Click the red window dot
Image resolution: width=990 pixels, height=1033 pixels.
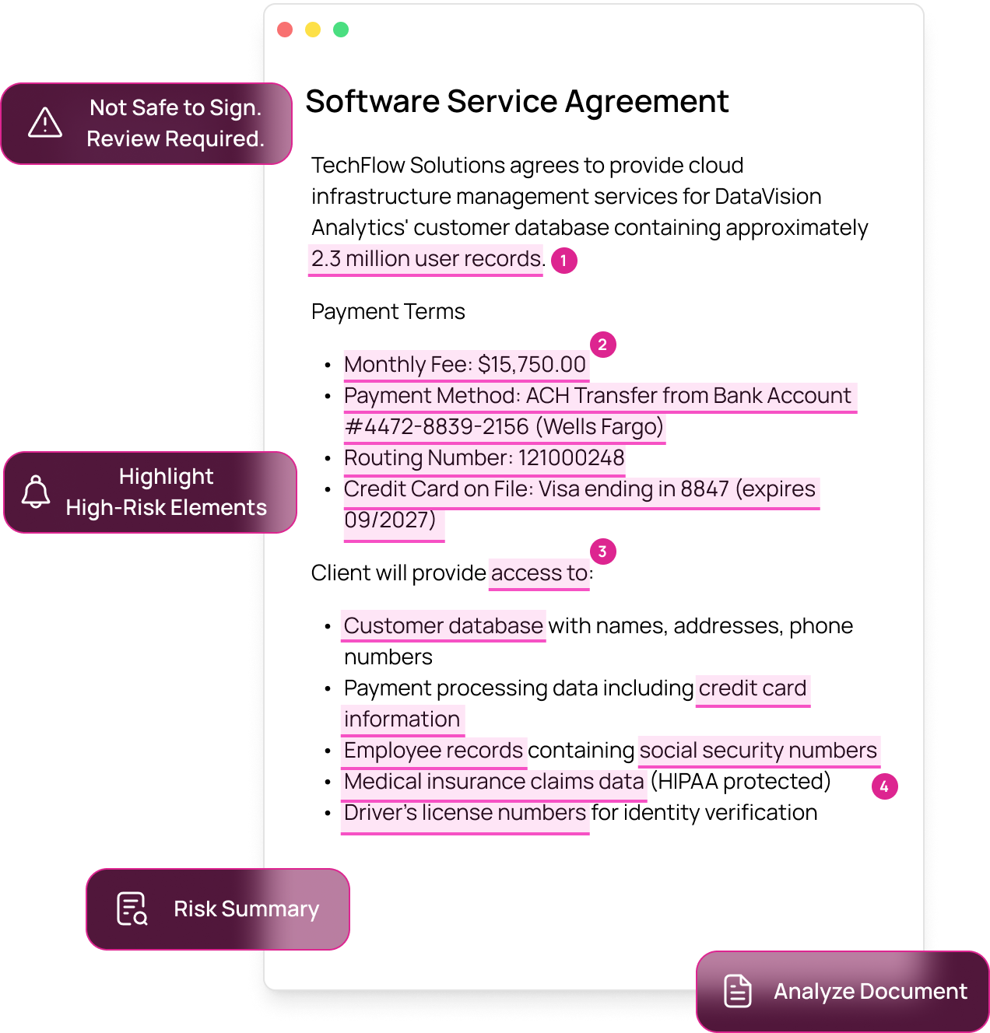coord(285,30)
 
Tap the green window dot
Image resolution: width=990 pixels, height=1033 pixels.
coord(341,30)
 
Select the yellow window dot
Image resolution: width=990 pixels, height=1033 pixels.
coord(313,30)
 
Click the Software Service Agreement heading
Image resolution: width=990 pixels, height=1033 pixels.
coord(517,102)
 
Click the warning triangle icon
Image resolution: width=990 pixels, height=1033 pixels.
coord(45,123)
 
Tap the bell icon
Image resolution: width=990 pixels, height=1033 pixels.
coord(36,492)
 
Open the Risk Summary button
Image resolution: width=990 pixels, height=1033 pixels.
coord(218,909)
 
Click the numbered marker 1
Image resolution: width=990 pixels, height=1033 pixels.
coord(564,261)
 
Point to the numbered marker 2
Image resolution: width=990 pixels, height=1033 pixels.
coord(602,345)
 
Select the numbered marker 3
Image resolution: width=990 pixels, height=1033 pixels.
coord(602,552)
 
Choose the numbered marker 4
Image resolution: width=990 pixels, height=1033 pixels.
coord(884,786)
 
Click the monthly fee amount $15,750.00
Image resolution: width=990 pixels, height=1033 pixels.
coord(532,365)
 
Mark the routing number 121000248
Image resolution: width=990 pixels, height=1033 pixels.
coord(571,458)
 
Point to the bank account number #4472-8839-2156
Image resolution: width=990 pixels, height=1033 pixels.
coord(437,427)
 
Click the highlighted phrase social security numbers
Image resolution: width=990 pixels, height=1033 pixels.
coord(758,751)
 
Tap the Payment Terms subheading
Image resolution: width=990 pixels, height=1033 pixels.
coord(388,312)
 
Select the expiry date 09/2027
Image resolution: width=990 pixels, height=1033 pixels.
coord(389,520)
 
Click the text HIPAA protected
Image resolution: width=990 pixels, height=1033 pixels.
coord(741,782)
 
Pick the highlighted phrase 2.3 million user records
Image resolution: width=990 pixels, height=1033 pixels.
coord(426,259)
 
